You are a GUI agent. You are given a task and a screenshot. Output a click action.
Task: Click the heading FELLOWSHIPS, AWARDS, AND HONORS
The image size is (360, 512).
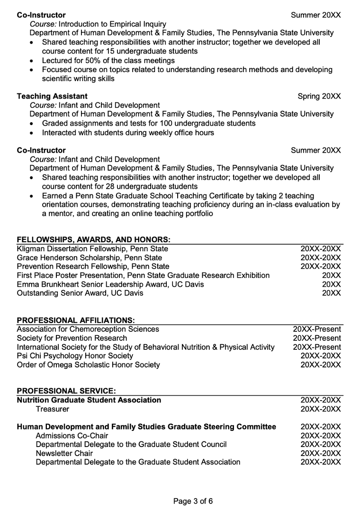[93, 239]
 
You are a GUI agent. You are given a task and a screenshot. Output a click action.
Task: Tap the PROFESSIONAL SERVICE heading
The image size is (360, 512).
[66, 391]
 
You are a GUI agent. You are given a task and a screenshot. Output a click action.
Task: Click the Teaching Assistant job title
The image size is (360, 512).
[52, 96]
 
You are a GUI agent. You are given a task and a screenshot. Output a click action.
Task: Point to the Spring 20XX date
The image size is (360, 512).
[319, 96]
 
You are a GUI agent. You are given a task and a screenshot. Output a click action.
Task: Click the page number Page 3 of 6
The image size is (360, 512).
[193, 501]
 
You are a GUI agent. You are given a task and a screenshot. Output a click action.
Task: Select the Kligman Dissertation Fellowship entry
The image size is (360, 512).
[92, 248]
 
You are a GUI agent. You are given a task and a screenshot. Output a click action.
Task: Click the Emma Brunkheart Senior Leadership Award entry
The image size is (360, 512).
[110, 284]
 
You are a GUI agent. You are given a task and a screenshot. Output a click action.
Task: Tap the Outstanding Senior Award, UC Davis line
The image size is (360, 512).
[80, 293]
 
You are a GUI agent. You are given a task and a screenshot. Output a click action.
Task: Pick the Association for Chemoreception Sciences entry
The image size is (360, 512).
[88, 329]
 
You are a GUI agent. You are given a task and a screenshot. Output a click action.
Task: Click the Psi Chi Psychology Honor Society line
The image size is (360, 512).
[75, 356]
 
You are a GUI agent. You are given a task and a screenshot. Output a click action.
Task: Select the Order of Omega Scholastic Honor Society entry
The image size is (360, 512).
[88, 365]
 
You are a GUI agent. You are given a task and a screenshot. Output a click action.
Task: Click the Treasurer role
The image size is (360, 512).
[52, 409]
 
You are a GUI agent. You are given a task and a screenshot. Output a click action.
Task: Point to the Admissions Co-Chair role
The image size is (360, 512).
[72, 436]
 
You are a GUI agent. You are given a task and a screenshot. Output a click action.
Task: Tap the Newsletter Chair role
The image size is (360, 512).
[64, 453]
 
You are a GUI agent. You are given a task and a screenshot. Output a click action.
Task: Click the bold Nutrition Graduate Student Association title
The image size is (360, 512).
[89, 400]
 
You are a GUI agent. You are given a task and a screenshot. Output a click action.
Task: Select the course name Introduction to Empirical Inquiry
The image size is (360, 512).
[112, 24]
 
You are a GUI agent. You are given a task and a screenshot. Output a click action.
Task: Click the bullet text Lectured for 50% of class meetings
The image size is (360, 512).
[108, 61]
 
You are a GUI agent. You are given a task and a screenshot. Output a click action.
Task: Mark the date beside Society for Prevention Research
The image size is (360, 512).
[317, 338]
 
